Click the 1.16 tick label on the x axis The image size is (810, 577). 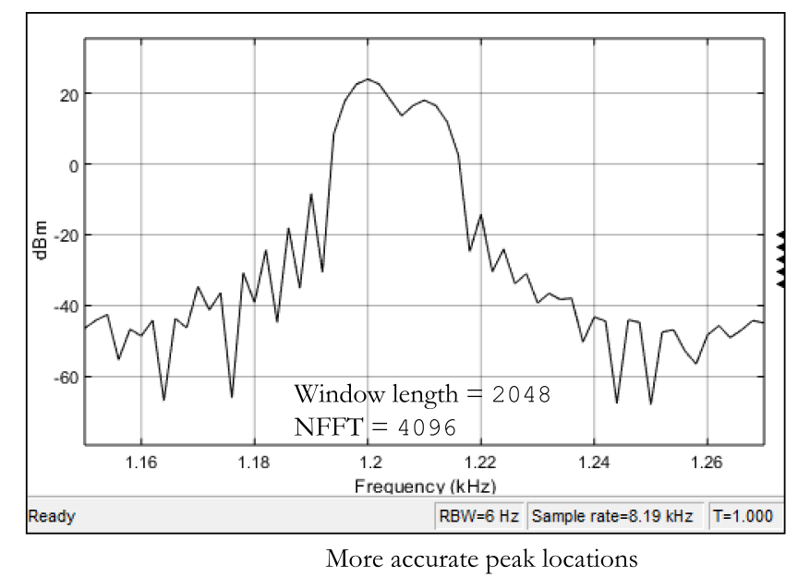141,461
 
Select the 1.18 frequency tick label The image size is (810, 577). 254,461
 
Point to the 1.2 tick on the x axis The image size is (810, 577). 368,461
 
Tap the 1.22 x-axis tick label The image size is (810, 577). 480,461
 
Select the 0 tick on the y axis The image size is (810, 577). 72,164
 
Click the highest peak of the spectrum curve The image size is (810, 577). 368,79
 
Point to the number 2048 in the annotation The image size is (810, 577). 521,395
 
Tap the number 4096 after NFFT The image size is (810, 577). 427,428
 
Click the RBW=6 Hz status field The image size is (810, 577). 478,517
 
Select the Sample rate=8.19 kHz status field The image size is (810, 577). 611,517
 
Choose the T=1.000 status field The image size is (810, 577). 743,517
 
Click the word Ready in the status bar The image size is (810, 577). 52,517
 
